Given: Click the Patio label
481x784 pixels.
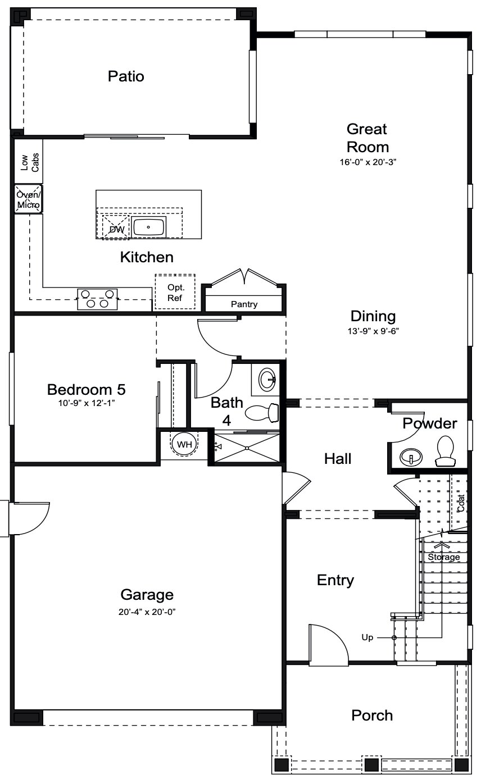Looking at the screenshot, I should point(126,76).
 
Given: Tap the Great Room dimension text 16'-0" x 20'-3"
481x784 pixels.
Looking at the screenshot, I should point(367,162).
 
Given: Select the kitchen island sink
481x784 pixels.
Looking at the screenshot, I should point(148,227).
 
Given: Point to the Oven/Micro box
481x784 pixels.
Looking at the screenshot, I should point(28,199).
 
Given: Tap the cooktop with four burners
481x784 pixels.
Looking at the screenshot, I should point(97,299).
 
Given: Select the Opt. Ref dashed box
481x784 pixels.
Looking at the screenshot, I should point(175,292).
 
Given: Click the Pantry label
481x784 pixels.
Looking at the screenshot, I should point(244,304).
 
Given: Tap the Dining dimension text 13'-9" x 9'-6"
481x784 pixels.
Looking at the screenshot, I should point(373,331).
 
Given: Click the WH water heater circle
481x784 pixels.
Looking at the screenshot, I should point(184,444).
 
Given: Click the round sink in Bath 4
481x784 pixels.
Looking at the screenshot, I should point(267,380).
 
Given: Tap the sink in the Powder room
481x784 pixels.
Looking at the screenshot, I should point(411,457).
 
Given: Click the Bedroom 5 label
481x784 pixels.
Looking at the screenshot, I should point(86,389).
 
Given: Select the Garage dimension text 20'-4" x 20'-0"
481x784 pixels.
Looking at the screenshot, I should point(147,612).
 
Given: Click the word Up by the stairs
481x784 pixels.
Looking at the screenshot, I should point(367,637).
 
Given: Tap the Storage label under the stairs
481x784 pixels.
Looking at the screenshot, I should point(444,557).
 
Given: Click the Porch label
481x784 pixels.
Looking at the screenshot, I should point(371,715).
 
